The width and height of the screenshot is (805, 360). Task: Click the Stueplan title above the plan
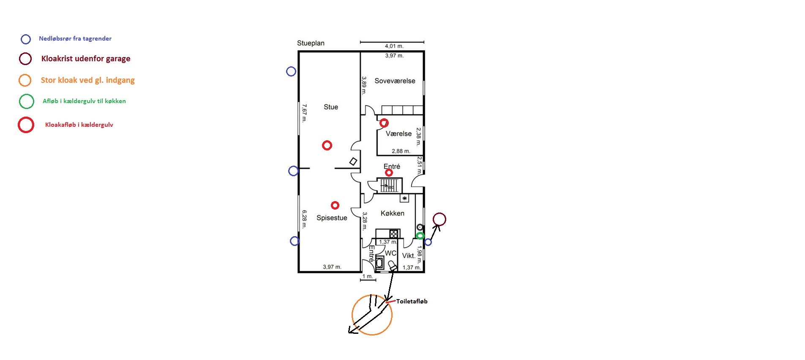click(311, 43)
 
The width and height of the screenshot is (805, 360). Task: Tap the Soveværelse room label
click(395, 81)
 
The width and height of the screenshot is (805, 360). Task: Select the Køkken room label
click(392, 213)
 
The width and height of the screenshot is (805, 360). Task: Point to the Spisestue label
click(332, 218)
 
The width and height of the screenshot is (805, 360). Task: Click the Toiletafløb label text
click(412, 301)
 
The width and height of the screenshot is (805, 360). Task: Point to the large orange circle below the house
click(372, 335)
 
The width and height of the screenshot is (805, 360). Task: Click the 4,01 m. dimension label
click(394, 46)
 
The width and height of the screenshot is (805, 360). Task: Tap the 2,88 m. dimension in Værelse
click(401, 151)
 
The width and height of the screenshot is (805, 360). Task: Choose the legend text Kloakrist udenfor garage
click(86, 59)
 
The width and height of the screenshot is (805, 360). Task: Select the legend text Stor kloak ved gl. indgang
click(88, 80)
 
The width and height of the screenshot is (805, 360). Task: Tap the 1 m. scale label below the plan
click(368, 276)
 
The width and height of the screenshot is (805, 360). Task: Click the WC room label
click(390, 253)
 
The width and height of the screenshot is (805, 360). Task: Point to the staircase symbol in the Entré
click(389, 185)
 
